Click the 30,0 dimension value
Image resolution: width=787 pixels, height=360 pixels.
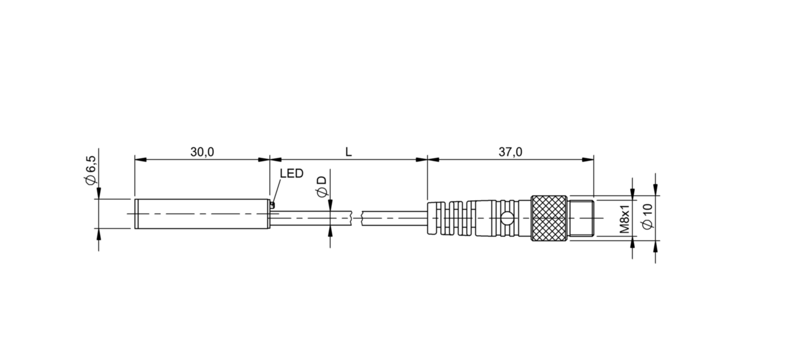pyautogui.click(x=202, y=152)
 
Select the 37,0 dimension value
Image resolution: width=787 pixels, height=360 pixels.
pyautogui.click(x=510, y=152)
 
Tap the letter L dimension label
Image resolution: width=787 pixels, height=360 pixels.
pyautogui.click(x=348, y=152)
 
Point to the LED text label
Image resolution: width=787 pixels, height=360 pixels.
pyautogui.click(x=291, y=173)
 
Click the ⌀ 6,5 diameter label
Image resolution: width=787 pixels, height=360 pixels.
pyautogui.click(x=90, y=170)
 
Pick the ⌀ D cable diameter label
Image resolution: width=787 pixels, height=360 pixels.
pyautogui.click(x=322, y=187)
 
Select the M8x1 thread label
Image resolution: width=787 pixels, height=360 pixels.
pyautogui.click(x=624, y=219)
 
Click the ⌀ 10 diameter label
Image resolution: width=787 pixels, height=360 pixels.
pyautogui.click(x=647, y=216)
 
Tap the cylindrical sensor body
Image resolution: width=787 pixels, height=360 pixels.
pyautogui.click(x=202, y=214)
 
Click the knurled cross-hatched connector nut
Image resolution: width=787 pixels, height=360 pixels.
pyautogui.click(x=549, y=218)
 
